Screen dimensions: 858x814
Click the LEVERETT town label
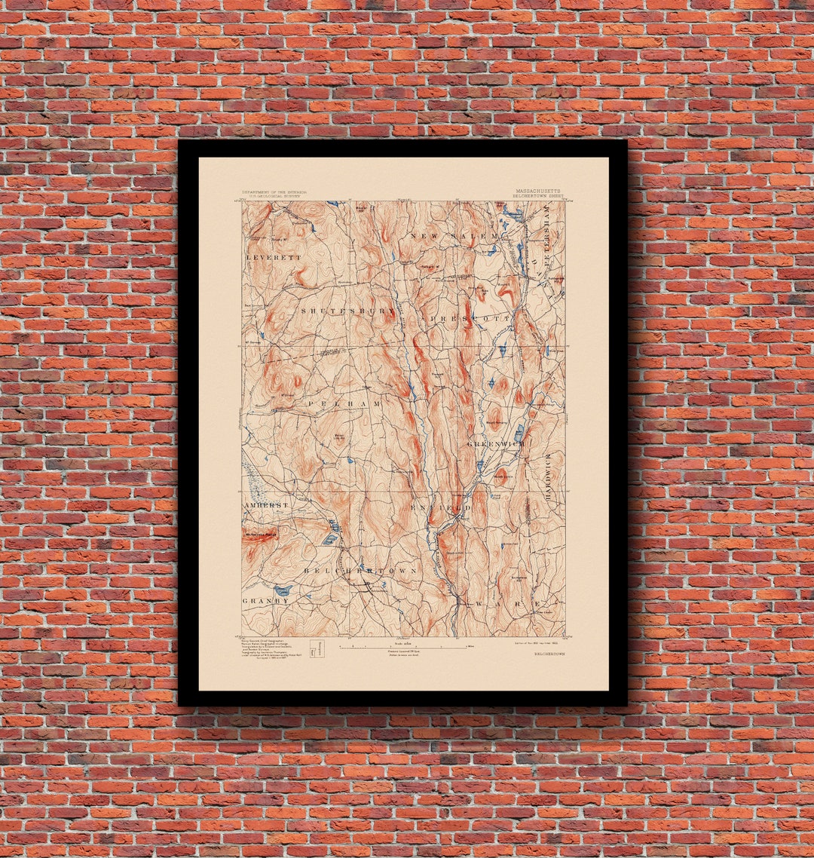[x=273, y=257]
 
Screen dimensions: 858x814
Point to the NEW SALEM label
[x=454, y=236]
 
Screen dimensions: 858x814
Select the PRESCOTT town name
[x=472, y=319]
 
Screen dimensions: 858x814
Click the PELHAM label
[x=344, y=405]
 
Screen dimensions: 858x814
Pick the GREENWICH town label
[x=496, y=444]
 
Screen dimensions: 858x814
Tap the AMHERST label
[x=265, y=504]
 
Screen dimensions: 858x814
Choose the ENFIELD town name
[x=441, y=507]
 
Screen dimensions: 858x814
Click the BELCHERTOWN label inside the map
[x=360, y=571]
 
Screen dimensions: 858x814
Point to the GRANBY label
[x=265, y=601]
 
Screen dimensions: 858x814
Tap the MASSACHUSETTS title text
[x=538, y=192]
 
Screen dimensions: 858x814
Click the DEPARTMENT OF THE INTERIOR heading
[x=274, y=193]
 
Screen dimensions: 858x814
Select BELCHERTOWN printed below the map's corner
[x=549, y=654]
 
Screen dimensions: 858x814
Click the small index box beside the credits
[x=317, y=647]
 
